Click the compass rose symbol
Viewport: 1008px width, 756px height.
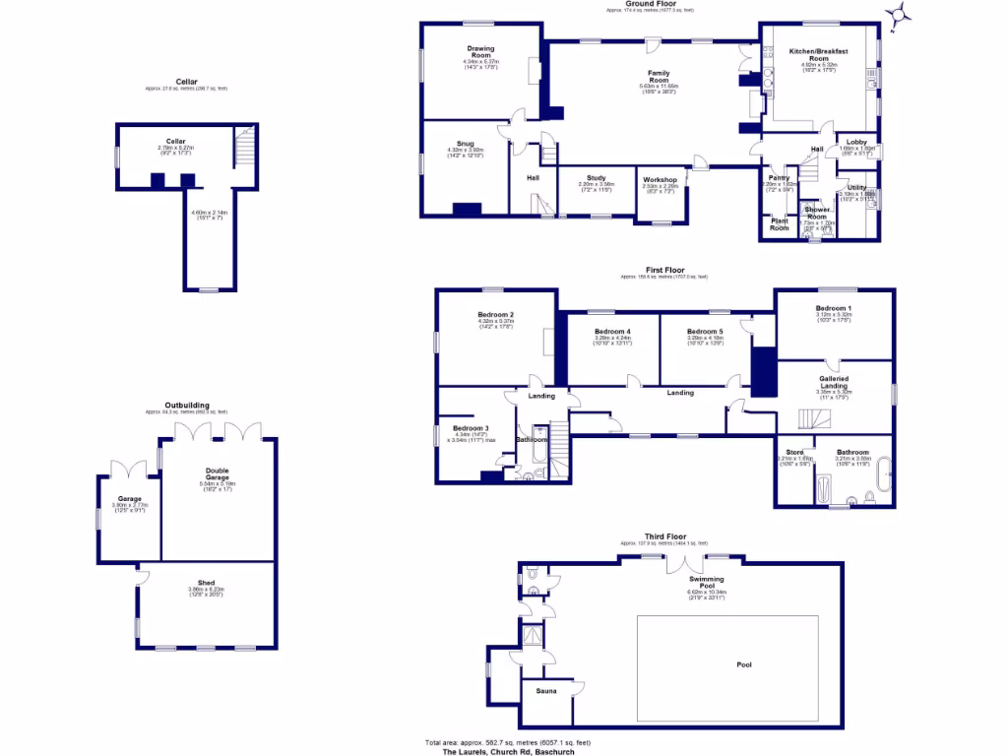[x=897, y=15]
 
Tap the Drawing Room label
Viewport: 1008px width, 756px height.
[x=481, y=51]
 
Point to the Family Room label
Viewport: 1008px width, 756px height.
[x=658, y=75]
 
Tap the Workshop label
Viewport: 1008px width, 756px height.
[x=660, y=179]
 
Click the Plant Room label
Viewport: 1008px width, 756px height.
[x=779, y=224]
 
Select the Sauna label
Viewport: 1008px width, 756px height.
[x=546, y=691]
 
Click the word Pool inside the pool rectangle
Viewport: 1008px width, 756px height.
[x=744, y=664]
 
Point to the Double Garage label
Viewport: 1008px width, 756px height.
[x=217, y=474]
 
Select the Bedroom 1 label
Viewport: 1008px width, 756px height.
[x=833, y=309]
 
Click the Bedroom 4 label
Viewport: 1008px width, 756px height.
[x=612, y=331]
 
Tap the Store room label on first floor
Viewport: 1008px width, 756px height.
[x=794, y=452]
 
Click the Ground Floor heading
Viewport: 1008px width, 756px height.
[x=649, y=4]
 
